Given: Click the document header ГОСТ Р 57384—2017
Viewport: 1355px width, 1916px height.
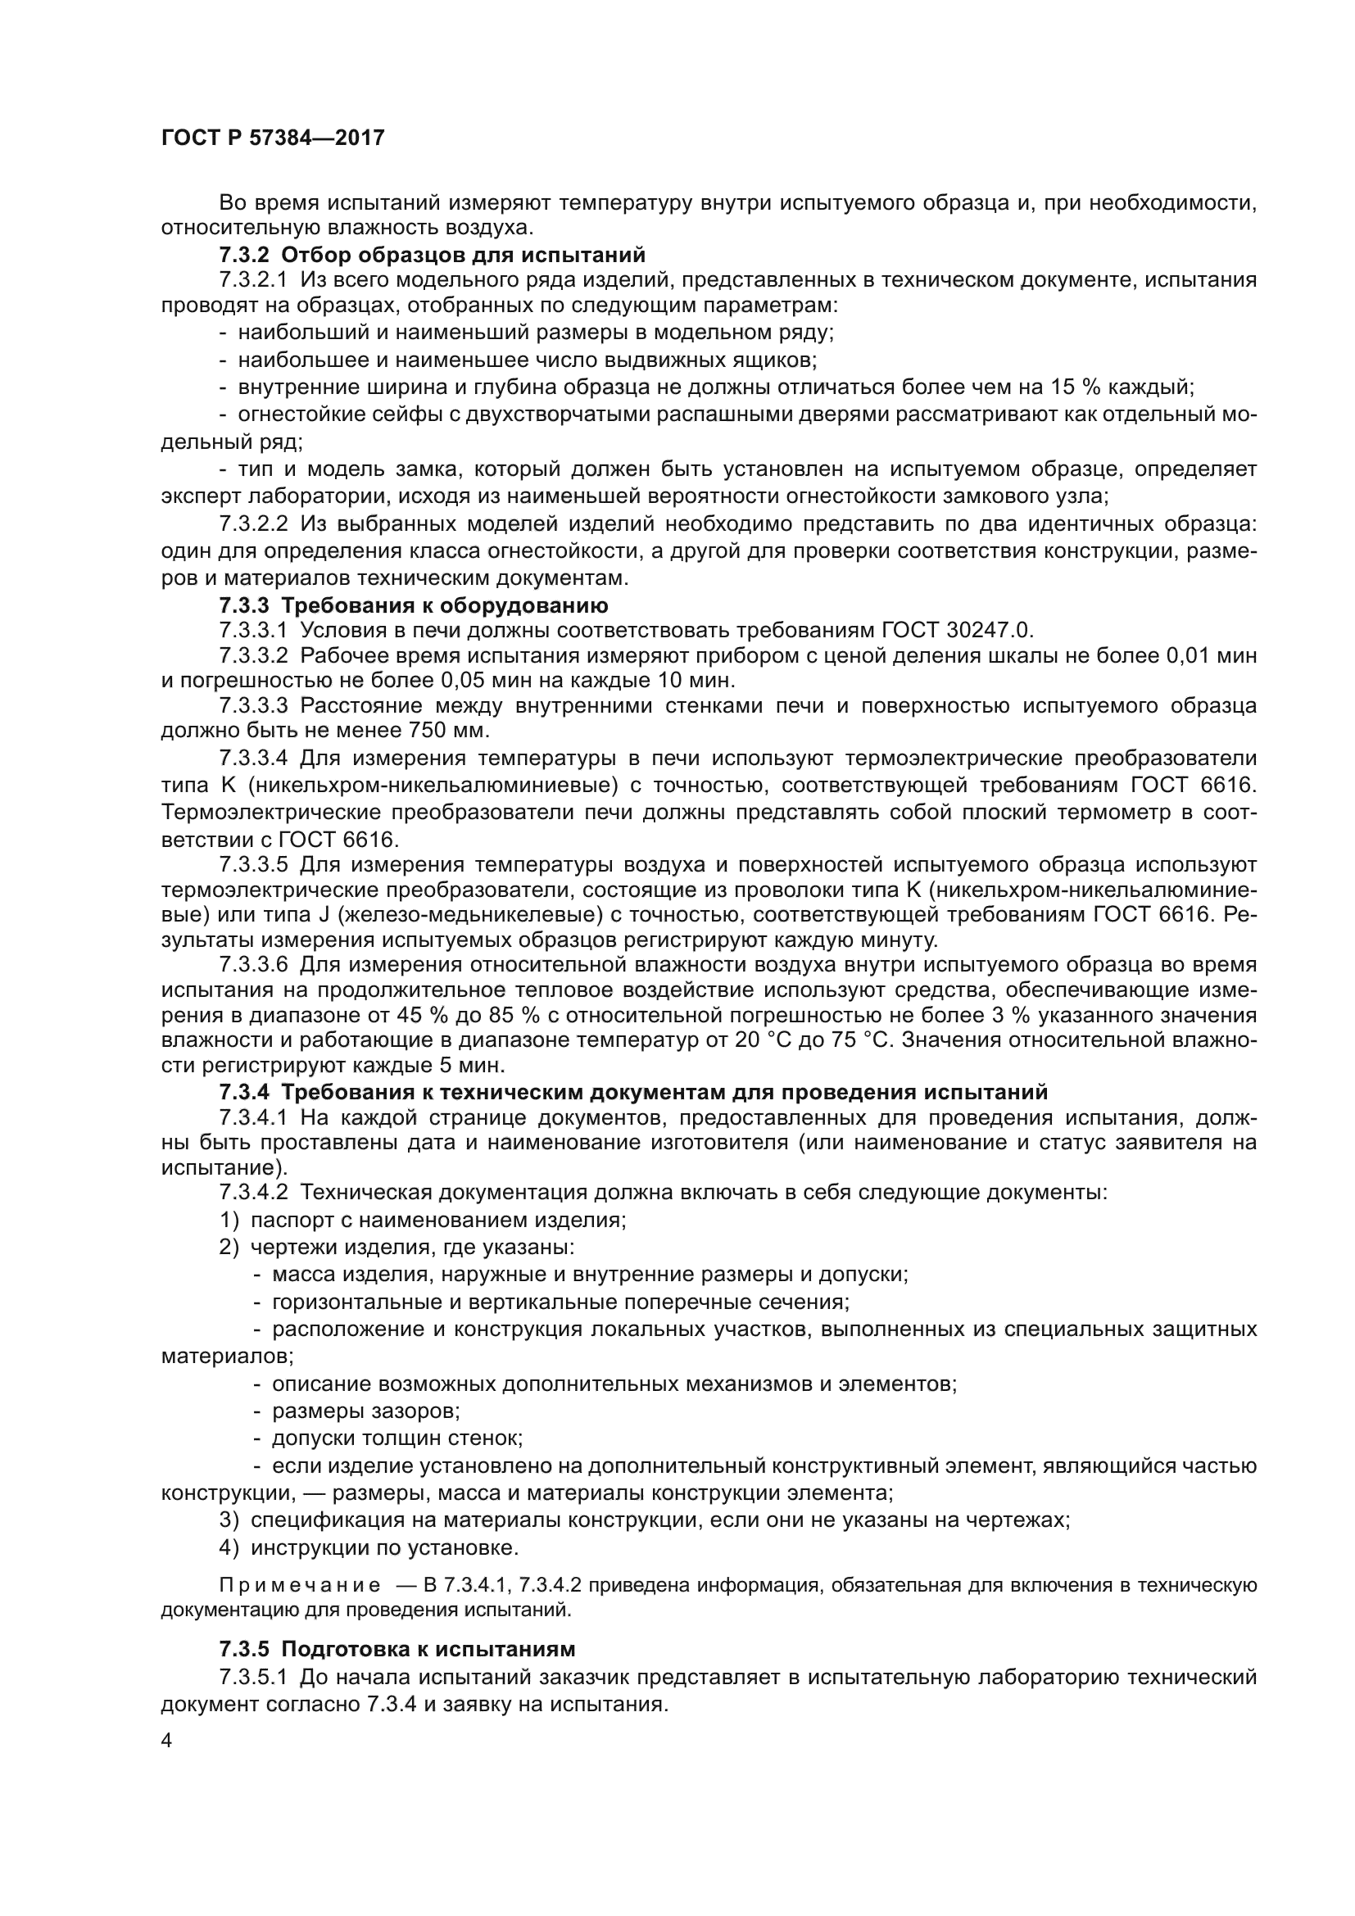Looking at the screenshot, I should click(273, 138).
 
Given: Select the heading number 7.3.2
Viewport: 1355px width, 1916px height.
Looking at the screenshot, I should click(244, 254).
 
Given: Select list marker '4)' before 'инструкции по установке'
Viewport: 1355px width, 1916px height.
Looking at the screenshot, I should click(229, 1548).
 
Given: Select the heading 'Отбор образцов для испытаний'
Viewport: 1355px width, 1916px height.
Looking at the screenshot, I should click(464, 254).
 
